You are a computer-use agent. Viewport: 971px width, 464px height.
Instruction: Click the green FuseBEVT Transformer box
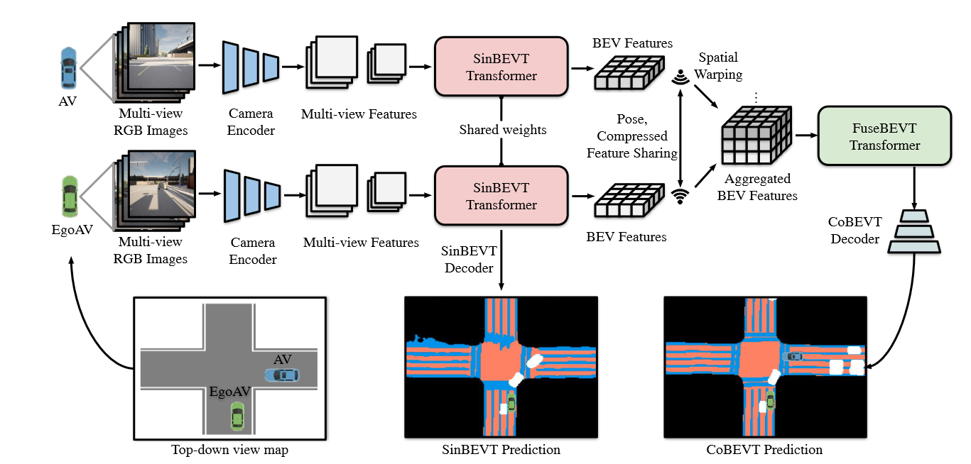click(x=884, y=136)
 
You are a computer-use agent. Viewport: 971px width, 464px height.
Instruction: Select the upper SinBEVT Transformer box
click(x=501, y=66)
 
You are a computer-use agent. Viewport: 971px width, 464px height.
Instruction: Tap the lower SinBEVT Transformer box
click(x=501, y=196)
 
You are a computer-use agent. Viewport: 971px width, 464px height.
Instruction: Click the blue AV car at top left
click(x=68, y=68)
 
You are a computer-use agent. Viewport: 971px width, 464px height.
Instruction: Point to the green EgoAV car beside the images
click(x=70, y=196)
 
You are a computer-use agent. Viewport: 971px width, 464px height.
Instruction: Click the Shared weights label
click(x=503, y=129)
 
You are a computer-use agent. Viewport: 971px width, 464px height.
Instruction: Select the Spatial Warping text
click(x=718, y=66)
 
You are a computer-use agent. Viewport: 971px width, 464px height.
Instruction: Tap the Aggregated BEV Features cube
click(x=756, y=136)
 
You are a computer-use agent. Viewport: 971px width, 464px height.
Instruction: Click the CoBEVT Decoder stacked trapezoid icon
click(x=914, y=231)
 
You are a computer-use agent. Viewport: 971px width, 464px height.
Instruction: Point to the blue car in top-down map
click(x=282, y=375)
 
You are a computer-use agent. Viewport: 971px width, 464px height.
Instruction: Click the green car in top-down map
click(x=237, y=416)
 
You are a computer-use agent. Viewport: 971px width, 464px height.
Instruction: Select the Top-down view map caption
click(x=229, y=450)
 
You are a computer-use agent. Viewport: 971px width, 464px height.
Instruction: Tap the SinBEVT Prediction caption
click(x=501, y=450)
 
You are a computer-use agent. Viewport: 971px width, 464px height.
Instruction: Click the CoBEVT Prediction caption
click(x=764, y=450)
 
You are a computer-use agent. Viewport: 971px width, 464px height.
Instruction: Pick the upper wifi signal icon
click(x=680, y=77)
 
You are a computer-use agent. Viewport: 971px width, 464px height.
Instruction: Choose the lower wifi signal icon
click(x=680, y=197)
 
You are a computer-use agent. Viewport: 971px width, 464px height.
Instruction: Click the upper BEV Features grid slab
click(x=629, y=72)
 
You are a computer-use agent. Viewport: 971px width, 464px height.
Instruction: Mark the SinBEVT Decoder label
click(x=469, y=259)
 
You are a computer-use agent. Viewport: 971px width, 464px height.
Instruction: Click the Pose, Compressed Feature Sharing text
click(x=631, y=136)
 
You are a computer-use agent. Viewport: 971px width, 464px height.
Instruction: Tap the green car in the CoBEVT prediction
click(x=770, y=399)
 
